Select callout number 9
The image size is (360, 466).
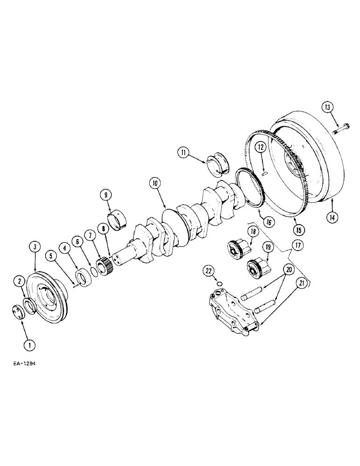point(105,194)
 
